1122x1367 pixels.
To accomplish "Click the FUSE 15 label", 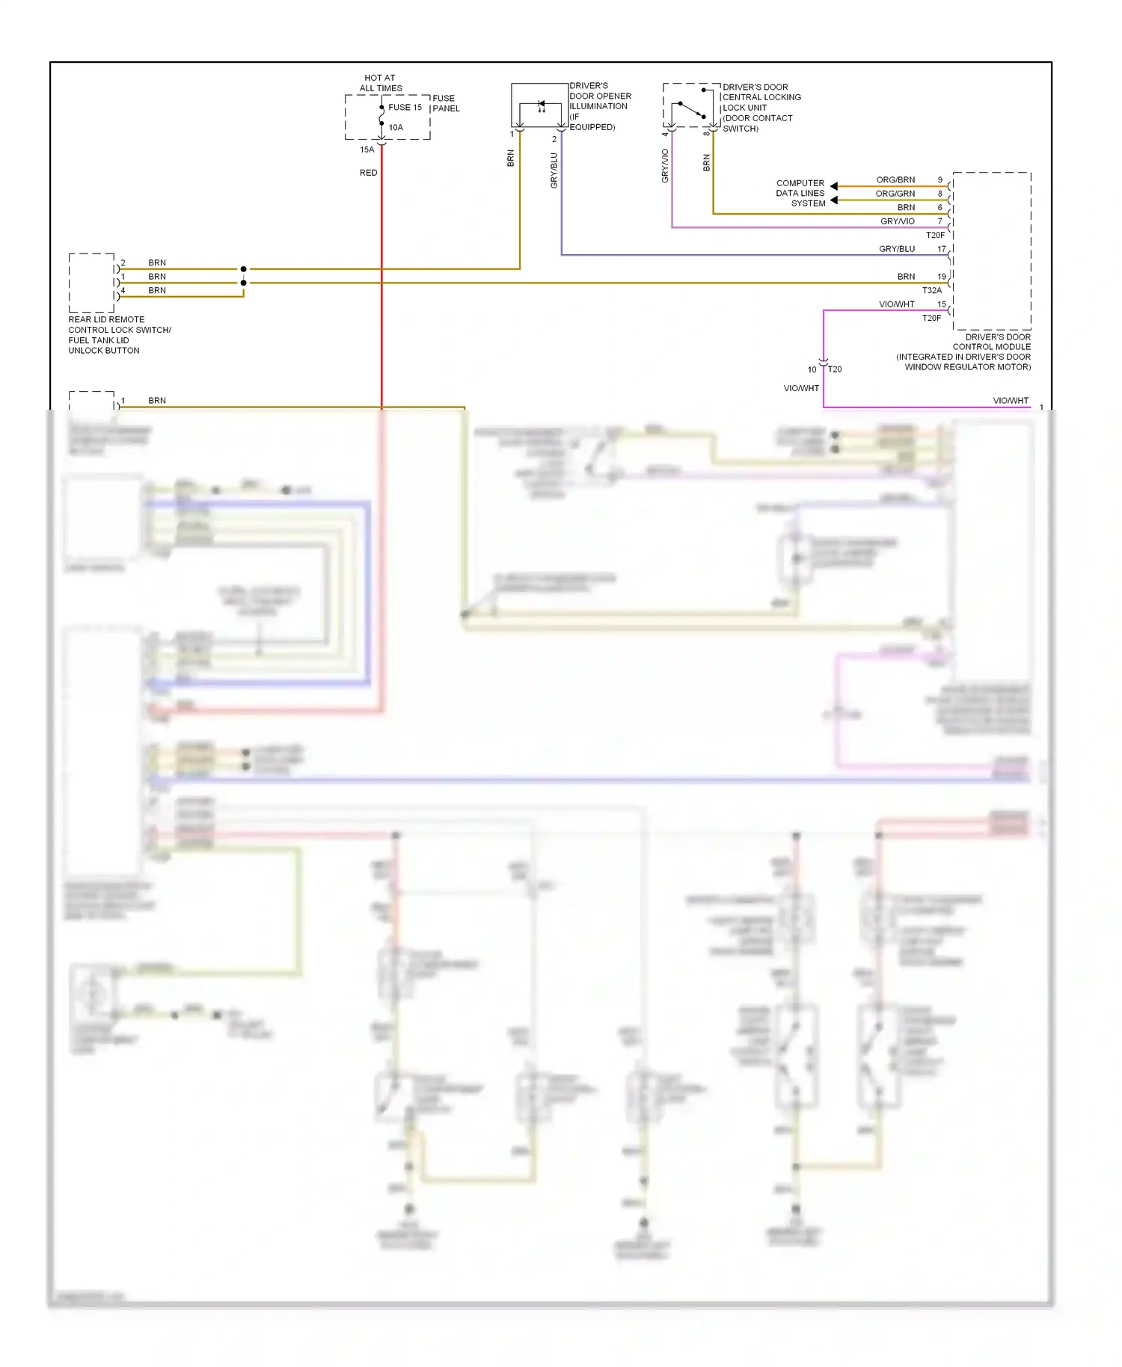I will [405, 107].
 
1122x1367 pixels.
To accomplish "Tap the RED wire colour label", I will [368, 173].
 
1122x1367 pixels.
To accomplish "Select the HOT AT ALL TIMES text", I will [380, 83].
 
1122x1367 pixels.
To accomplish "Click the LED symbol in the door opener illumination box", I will [541, 106].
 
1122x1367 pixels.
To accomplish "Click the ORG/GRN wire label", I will [895, 194].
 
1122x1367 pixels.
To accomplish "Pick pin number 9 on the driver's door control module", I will [940, 180].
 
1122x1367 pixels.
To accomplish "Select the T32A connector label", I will [931, 290].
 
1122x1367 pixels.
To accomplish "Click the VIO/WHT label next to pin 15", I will [896, 304].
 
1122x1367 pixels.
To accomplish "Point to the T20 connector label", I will [835, 369].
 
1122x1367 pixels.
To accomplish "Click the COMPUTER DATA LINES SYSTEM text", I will [800, 193].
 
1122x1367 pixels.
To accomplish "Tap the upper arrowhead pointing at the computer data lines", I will [833, 185].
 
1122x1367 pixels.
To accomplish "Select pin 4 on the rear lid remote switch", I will [123, 290].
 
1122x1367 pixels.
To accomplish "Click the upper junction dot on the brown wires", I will [243, 268].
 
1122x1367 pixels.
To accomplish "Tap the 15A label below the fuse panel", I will [367, 150].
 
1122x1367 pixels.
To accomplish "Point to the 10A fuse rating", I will [396, 128].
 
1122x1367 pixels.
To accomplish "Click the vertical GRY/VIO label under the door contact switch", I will [664, 166].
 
